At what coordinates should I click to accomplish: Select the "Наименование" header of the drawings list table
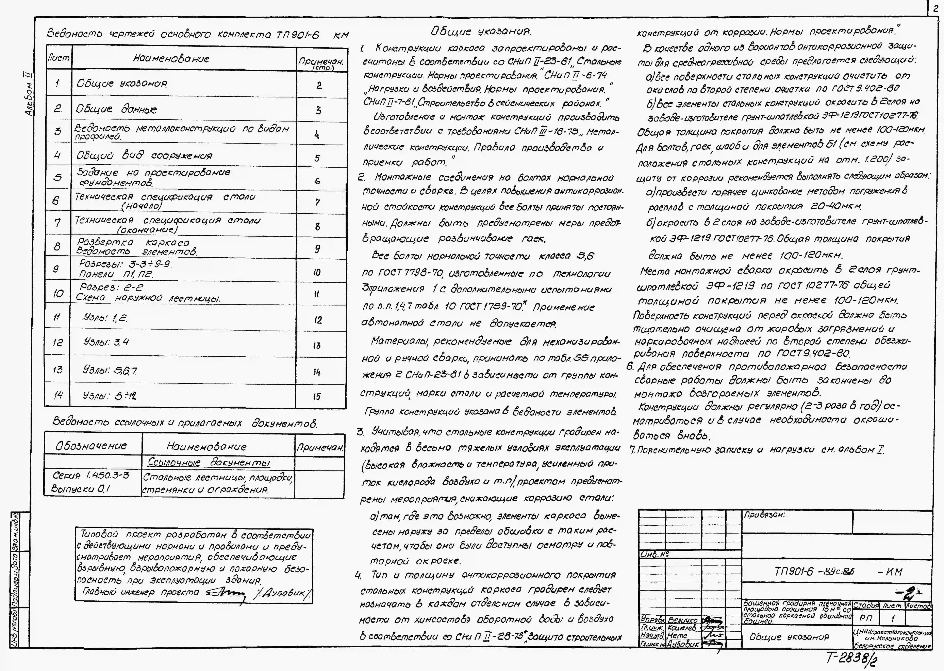click(171, 59)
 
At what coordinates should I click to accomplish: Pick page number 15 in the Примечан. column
click(317, 397)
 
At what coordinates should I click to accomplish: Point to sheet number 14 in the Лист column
click(58, 395)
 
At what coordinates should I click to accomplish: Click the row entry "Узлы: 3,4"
click(106, 342)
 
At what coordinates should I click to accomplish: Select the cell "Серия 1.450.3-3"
click(91, 476)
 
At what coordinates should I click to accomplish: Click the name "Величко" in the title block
click(683, 620)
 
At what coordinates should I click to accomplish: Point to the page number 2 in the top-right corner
click(936, 8)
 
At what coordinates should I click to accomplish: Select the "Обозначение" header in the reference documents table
click(92, 446)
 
